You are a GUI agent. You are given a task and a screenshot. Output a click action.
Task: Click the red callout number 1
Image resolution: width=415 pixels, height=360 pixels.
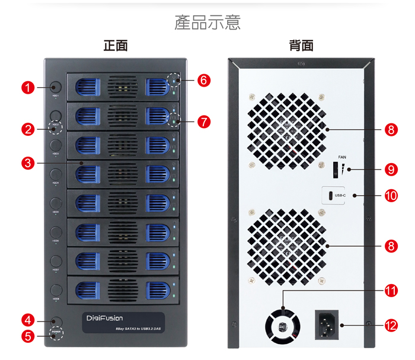pos(27,88)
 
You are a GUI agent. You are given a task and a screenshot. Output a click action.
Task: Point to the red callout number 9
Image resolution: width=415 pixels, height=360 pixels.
pos(391,169)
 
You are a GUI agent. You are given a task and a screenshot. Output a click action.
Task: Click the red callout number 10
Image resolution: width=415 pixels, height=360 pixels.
pos(391,196)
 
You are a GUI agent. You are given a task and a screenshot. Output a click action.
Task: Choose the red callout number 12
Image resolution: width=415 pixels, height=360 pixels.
pos(391,325)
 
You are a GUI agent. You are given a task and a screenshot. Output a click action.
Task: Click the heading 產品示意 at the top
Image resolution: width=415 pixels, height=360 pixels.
pos(207,23)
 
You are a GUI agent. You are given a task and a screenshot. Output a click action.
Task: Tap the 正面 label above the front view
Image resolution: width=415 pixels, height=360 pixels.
pos(116,46)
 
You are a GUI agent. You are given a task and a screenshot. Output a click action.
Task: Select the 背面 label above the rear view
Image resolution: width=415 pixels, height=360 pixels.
pos(301,46)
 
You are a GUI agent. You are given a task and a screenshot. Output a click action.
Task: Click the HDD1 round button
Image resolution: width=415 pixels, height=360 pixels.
pos(56,87)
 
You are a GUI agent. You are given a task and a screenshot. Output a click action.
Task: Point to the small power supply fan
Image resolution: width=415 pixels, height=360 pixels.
pos(282,326)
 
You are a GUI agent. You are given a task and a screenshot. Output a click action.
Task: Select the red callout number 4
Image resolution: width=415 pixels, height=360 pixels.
pos(27,320)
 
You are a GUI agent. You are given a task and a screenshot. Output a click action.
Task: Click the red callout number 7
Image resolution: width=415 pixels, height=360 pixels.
pos(203,122)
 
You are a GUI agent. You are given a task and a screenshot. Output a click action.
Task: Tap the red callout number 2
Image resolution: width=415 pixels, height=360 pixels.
pos(27,128)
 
